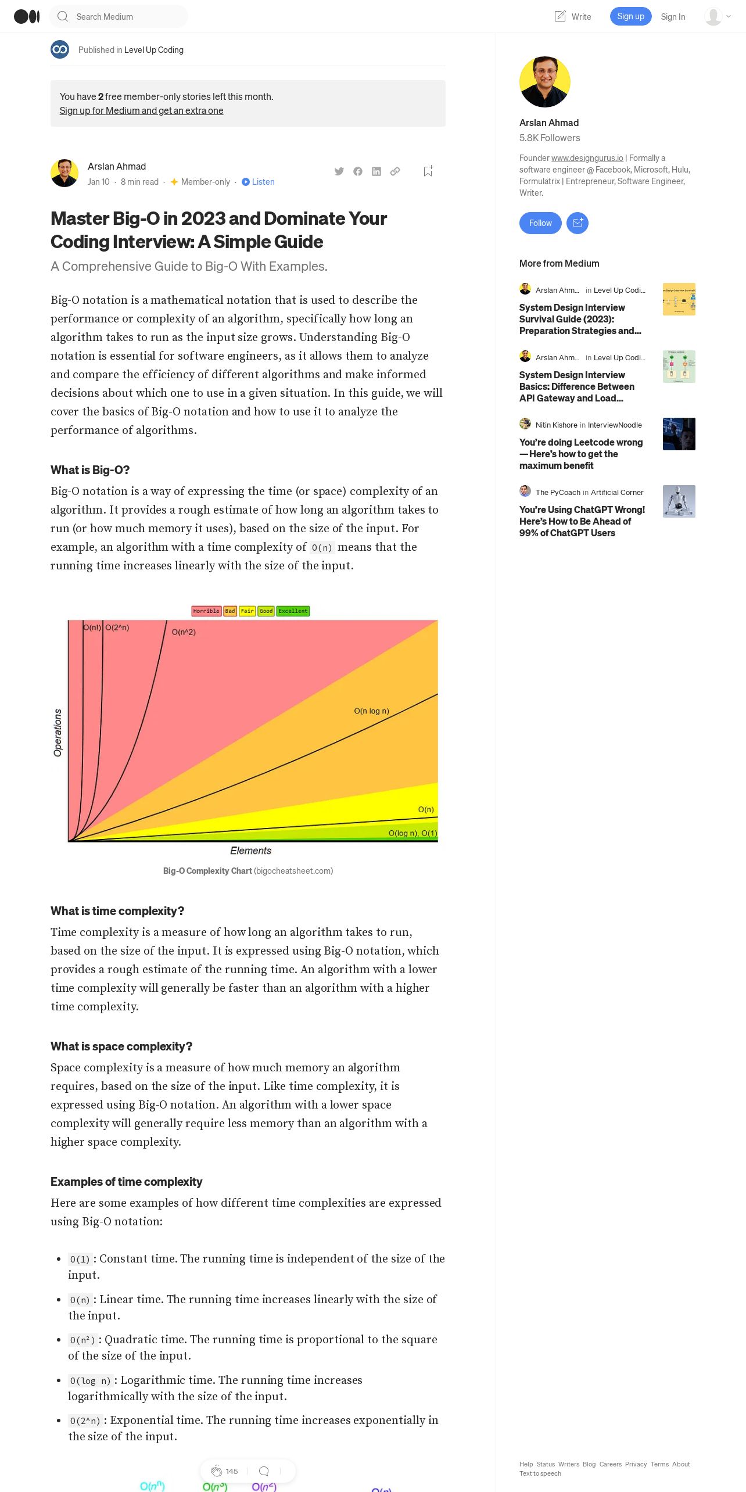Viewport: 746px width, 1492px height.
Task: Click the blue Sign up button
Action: click(630, 16)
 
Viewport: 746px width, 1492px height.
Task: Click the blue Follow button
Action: click(540, 223)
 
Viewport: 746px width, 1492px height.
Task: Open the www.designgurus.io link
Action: click(587, 158)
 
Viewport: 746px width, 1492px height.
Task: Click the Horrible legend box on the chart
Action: click(206, 611)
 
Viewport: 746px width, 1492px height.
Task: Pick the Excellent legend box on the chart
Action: click(293, 611)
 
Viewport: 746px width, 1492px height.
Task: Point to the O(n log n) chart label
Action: click(371, 711)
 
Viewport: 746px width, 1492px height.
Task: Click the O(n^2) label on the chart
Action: click(184, 632)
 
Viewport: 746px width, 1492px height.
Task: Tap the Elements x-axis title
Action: click(250, 851)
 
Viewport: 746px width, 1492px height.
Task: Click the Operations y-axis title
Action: click(58, 733)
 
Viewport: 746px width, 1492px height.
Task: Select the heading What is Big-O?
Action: click(90, 470)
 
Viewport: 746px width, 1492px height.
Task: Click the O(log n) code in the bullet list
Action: click(90, 1380)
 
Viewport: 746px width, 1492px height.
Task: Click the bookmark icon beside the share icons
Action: click(428, 171)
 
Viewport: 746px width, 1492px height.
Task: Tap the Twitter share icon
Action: click(339, 171)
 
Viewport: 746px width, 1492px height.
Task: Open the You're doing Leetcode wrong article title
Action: click(580, 454)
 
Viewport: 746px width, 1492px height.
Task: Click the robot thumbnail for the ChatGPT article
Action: click(679, 501)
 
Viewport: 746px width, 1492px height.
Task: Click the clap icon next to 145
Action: click(216, 1471)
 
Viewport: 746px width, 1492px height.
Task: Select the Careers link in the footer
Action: click(610, 1464)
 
